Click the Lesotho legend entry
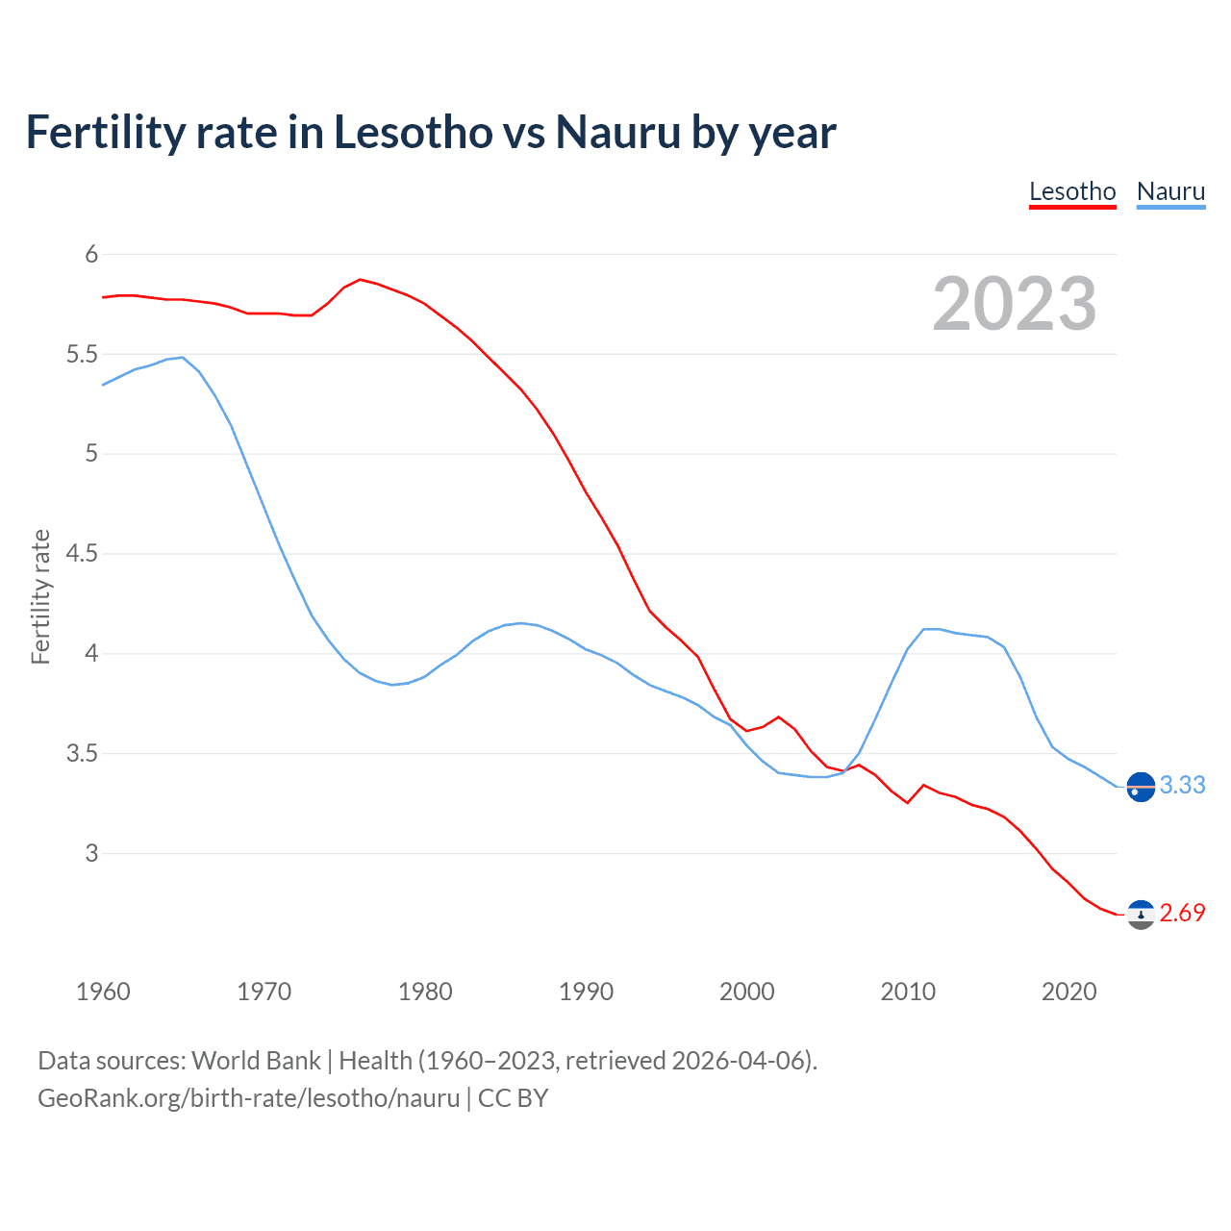tap(1072, 191)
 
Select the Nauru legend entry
tap(1170, 191)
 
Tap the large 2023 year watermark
tap(1015, 304)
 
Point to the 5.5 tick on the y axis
tap(82, 355)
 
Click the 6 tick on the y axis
tap(91, 255)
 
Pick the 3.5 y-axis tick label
tap(82, 754)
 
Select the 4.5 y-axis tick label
tap(82, 554)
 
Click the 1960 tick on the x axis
tap(103, 992)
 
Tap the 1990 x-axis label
tap(586, 992)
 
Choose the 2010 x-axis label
tap(908, 992)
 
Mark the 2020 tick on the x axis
tap(1068, 992)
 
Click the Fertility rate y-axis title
tap(40, 596)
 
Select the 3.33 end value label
tap(1182, 786)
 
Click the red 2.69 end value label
tap(1182, 914)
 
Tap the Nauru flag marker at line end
tap(1141, 787)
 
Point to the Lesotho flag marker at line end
tap(1141, 915)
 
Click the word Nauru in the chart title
tap(618, 133)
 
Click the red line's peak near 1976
tap(360, 280)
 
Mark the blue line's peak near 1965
tap(182, 358)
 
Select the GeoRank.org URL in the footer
tap(248, 1098)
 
